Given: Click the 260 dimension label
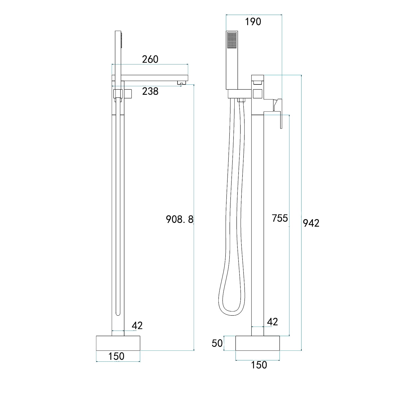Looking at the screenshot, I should [x=150, y=59].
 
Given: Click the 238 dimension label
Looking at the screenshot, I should [x=150, y=91].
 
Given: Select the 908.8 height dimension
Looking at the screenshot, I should [x=180, y=219].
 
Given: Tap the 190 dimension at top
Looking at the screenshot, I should [x=253, y=22].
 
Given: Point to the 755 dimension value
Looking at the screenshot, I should [x=280, y=218].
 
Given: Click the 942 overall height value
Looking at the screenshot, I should [x=311, y=223].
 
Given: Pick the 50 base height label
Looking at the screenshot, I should [x=217, y=343].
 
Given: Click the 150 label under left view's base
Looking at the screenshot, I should [x=116, y=356].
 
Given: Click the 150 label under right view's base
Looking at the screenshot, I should [x=259, y=365].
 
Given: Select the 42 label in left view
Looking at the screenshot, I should [x=137, y=325].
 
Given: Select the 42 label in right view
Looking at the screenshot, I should [x=272, y=322].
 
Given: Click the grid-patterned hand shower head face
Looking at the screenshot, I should [x=232, y=40].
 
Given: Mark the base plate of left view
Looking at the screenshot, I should [x=118, y=343].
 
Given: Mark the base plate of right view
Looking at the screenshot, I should [x=258, y=343].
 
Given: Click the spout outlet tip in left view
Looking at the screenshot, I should [x=181, y=84].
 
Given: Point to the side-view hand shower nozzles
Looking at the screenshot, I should [x=122, y=40].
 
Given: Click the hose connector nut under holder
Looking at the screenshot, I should [x=241, y=100].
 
